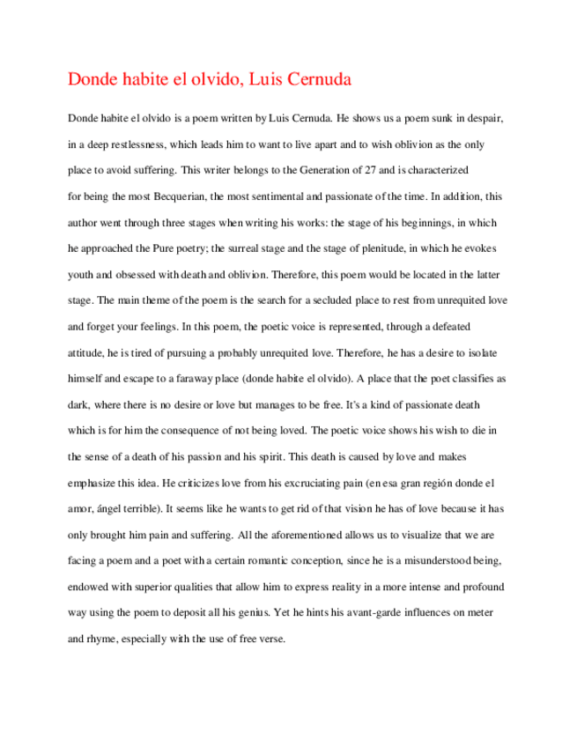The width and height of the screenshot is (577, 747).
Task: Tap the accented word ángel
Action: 107,508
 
